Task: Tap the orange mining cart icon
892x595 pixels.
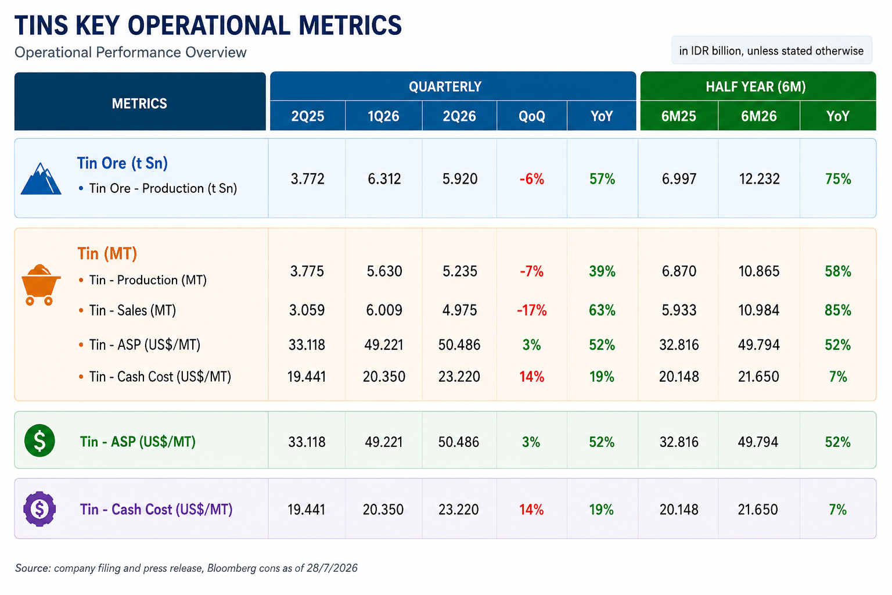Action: tap(41, 285)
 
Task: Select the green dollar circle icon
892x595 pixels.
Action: tap(39, 440)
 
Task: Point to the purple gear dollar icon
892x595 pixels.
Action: tap(39, 509)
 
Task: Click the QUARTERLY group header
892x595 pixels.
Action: tap(445, 87)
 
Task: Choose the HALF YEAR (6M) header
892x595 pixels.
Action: tap(756, 87)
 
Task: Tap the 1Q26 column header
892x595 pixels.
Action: tap(383, 116)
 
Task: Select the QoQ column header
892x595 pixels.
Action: tap(531, 116)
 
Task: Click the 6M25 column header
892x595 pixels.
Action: tap(678, 116)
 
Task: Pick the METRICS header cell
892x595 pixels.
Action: tap(139, 103)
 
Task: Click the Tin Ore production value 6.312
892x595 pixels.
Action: tap(384, 179)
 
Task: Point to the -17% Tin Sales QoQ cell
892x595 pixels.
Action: tap(531, 310)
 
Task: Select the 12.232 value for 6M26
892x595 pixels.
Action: tap(759, 179)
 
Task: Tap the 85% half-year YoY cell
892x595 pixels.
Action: tap(838, 310)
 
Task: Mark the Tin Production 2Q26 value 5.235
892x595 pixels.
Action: tap(459, 271)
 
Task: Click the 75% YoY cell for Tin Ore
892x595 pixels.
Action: tap(838, 179)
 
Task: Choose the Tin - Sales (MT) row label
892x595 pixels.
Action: tap(132, 310)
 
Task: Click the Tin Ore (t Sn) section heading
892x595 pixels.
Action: tap(123, 163)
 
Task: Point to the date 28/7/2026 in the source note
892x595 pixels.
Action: tap(332, 568)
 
